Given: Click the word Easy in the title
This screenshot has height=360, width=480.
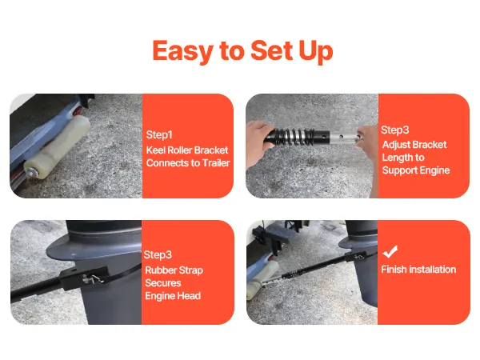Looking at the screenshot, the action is (182, 51).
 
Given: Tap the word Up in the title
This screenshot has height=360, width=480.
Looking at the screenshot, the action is (316, 51).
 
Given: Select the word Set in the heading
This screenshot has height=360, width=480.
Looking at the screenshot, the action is (271, 50).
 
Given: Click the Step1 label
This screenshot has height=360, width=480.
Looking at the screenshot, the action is (159, 134).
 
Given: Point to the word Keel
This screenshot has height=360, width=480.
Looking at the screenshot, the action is (155, 150).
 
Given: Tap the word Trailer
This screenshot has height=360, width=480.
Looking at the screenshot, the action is (217, 163).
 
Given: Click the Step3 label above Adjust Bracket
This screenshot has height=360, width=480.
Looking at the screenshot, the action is (395, 130).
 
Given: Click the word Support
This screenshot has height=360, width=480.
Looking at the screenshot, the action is (399, 170).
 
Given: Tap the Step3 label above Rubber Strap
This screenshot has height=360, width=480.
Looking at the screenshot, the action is (158, 254).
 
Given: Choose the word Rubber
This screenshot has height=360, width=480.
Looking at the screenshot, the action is (161, 270).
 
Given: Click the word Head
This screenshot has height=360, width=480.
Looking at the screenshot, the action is (191, 296).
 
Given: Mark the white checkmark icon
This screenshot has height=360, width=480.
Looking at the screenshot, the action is (390, 252).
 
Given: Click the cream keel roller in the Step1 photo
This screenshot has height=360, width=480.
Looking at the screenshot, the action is (58, 146).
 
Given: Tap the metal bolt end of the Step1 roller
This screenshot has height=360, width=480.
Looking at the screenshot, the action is (31, 173).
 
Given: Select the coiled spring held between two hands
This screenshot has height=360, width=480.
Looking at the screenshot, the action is (294, 137).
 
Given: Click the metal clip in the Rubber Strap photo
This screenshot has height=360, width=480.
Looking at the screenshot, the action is (91, 278).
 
